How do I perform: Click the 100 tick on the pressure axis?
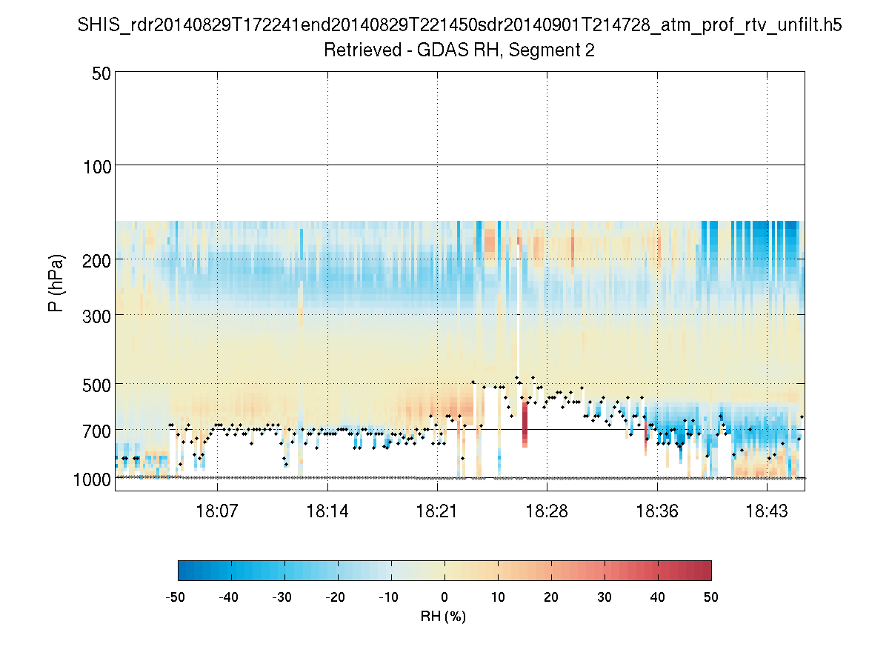point(96,165)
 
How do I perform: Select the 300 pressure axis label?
point(96,315)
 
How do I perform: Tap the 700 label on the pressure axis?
point(96,430)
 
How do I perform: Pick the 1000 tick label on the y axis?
point(92,479)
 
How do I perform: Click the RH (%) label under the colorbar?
point(444,617)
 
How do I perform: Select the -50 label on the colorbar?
point(176,597)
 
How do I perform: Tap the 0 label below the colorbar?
point(444,597)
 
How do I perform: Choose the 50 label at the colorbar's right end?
point(711,597)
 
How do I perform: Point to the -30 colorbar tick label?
point(282,597)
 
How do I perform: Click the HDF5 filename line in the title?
point(459,26)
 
